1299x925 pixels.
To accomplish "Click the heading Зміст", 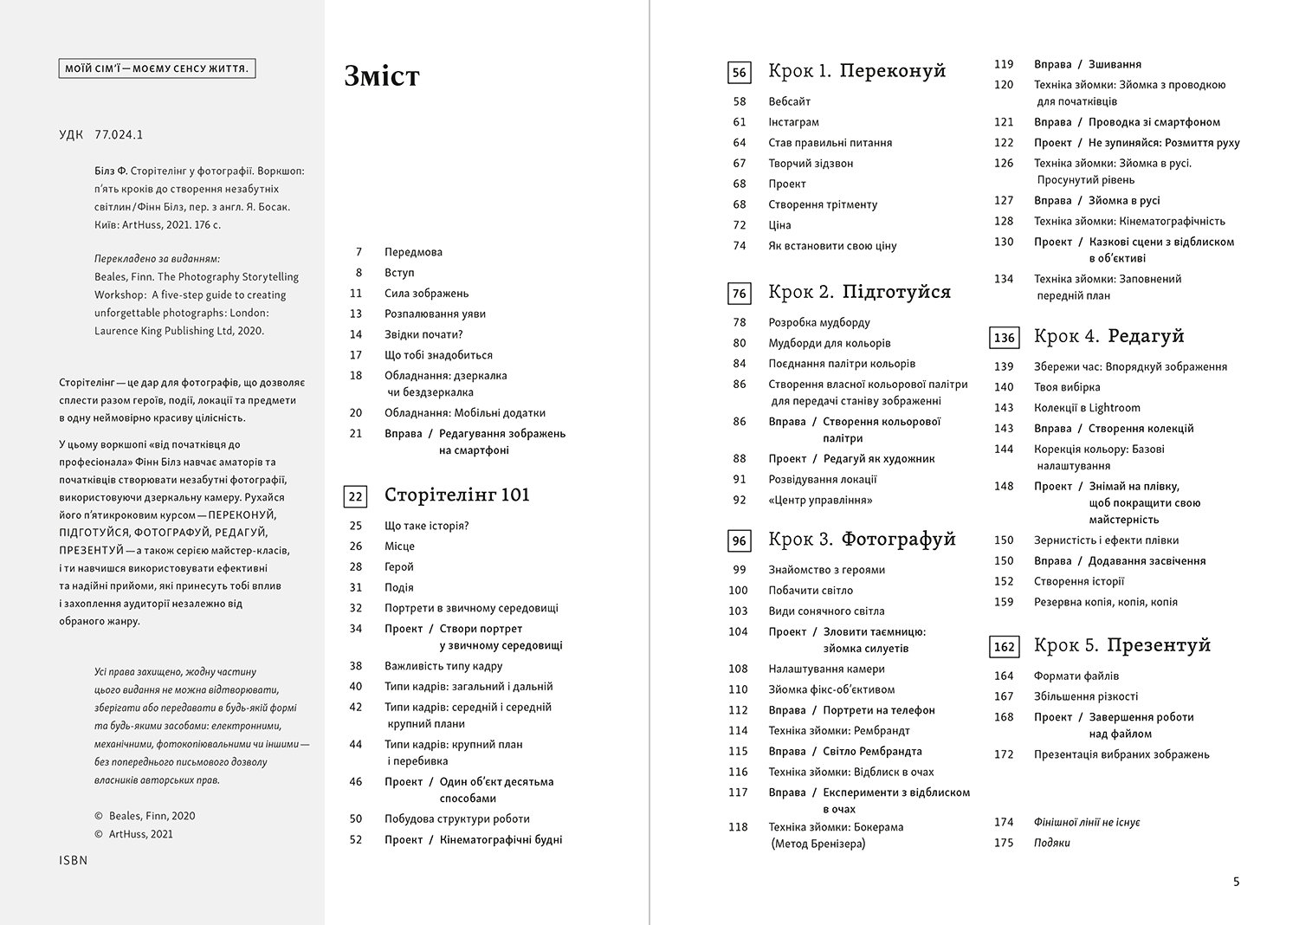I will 382,76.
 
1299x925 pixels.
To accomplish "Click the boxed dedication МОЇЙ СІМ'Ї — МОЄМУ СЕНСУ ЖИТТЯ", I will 157,68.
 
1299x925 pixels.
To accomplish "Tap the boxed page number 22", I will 355,496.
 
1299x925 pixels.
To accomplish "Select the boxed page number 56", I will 739,73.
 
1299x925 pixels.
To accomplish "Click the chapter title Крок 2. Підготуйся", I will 859,292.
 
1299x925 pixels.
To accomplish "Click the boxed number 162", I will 1004,646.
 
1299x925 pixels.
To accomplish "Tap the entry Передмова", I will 413,252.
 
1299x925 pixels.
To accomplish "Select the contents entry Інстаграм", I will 793,122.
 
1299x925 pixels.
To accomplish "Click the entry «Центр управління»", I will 820,500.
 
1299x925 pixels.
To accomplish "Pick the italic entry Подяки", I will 1051,843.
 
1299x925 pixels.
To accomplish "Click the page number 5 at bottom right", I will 1236,882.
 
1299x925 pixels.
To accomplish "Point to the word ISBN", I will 74,860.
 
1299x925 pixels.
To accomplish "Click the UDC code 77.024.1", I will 119,134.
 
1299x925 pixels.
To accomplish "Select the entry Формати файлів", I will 1076,676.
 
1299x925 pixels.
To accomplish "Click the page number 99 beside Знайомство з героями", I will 739,570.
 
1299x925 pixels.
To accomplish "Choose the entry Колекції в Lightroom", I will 1087,408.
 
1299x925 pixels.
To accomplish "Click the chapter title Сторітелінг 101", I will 456,495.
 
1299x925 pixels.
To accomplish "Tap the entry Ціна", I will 779,225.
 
